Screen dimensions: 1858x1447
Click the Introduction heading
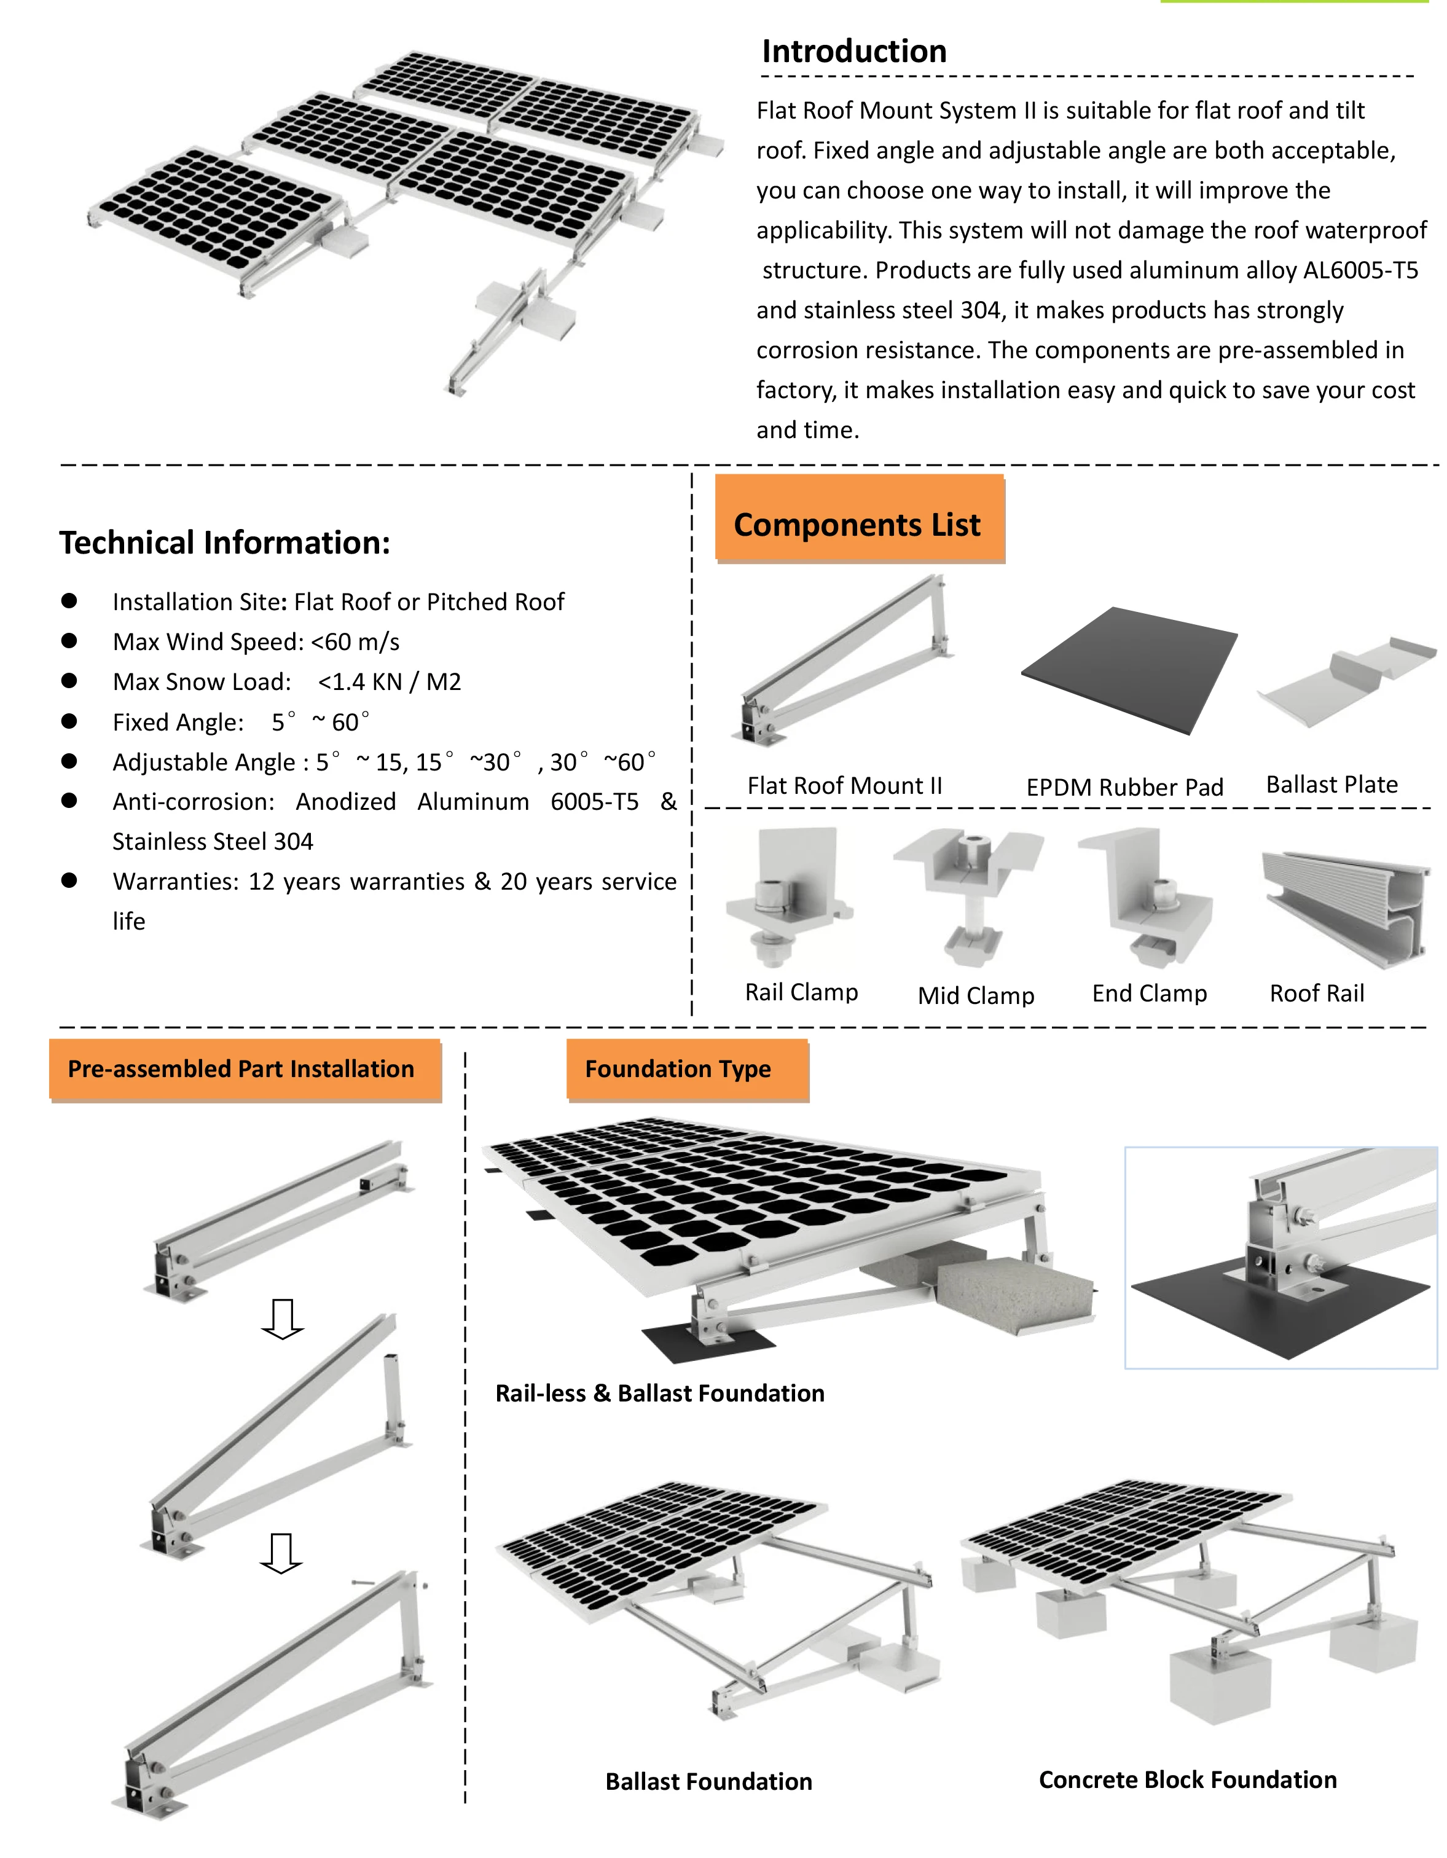pos(853,52)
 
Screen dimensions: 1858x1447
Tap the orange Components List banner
pos(858,525)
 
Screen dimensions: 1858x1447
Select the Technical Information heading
pos(225,543)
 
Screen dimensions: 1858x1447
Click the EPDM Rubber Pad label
pos(1124,788)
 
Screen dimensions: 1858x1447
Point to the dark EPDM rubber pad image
pos(1129,670)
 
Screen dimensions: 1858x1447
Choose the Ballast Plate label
pos(1331,785)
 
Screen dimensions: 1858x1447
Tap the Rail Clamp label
pos(801,992)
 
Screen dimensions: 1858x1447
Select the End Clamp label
pos(1149,994)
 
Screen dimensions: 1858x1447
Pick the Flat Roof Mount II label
pos(845,786)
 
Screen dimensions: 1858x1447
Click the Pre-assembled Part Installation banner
pos(241,1069)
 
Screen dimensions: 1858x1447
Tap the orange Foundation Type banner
pos(678,1069)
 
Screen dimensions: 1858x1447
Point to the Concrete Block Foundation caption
pos(1188,1780)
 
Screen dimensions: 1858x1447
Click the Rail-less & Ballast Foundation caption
pos(660,1393)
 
